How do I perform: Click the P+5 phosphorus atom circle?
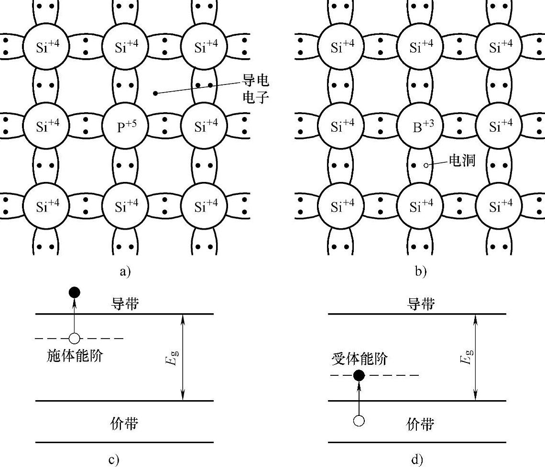125,127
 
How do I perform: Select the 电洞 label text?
461,160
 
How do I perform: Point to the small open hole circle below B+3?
426,166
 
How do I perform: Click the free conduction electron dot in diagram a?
155,93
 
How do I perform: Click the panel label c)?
113,459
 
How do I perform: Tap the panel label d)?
417,459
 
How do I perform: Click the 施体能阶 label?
75,356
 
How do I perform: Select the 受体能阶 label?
360,359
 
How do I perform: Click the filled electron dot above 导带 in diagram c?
74,292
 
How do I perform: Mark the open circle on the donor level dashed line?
74,339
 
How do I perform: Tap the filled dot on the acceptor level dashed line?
359,375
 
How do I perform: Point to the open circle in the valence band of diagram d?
359,421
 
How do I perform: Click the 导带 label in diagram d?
421,304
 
